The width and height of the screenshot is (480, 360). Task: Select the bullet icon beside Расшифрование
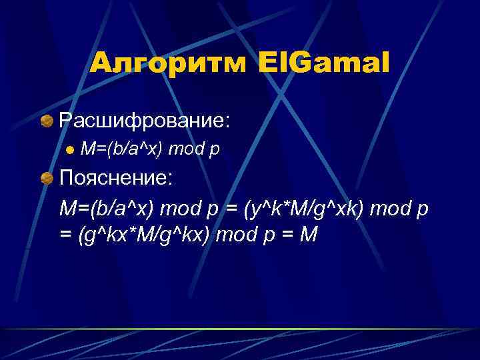(x=47, y=121)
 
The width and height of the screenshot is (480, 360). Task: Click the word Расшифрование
(x=145, y=121)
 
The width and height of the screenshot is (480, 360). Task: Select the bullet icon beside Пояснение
(x=47, y=179)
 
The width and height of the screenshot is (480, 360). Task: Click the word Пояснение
(x=116, y=179)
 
